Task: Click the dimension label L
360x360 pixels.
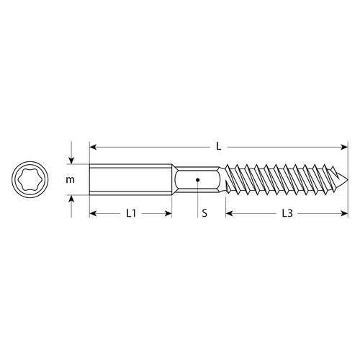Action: coord(218,146)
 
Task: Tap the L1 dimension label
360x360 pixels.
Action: coord(131,213)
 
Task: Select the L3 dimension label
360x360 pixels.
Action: coord(287,213)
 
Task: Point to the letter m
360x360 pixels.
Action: coord(70,180)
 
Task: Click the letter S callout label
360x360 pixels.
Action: coord(204,213)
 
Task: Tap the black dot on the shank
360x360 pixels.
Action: coord(197,179)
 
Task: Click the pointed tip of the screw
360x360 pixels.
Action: coord(347,179)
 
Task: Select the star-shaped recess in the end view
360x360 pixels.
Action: coord(30,179)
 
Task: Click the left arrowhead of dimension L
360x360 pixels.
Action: coord(93,147)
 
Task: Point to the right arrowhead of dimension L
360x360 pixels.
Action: coord(344,147)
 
